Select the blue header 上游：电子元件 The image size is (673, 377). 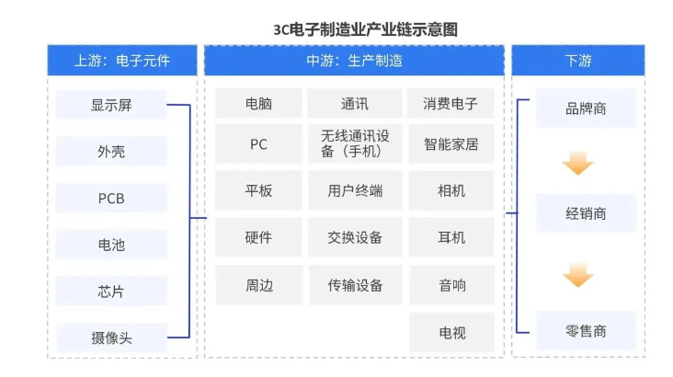click(122, 62)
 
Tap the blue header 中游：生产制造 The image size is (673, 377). click(354, 62)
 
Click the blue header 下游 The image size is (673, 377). click(578, 62)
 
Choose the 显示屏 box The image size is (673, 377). click(111, 105)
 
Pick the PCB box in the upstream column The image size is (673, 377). click(111, 199)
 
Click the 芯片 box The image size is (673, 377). click(111, 291)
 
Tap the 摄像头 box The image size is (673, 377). click(111, 337)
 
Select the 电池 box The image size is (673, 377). click(111, 245)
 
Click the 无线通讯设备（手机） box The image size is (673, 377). click(355, 143)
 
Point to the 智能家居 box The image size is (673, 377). click(451, 143)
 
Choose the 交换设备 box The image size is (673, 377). click(355, 237)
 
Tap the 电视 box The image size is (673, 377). click(451, 332)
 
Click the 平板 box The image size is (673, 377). click(258, 190)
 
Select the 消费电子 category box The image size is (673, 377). click(451, 103)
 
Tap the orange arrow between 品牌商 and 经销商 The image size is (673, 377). click(578, 164)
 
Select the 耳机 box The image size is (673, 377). click(451, 237)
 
